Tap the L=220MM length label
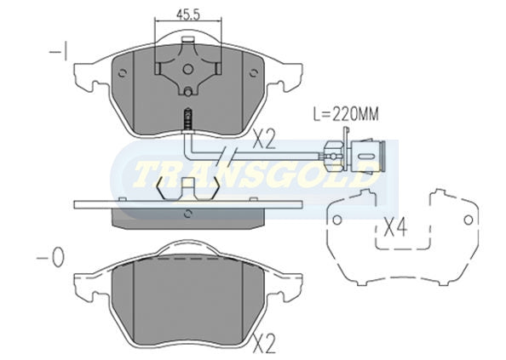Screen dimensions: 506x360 click(x=346, y=114)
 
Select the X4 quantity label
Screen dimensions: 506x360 click(x=395, y=227)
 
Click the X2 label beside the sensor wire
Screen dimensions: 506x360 click(x=264, y=140)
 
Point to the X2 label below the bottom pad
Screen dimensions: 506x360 click(x=264, y=344)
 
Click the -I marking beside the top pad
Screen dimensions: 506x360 click(x=59, y=52)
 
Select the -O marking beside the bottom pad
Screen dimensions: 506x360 click(x=50, y=258)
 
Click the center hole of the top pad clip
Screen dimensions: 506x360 click(x=188, y=69)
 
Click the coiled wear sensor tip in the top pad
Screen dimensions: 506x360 click(x=187, y=118)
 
